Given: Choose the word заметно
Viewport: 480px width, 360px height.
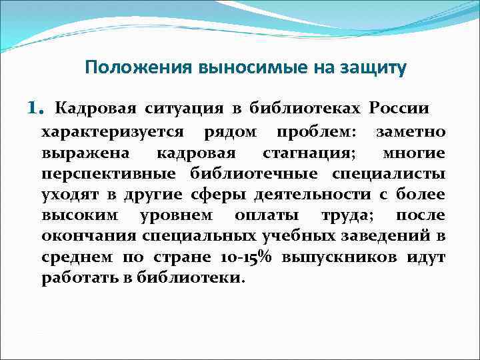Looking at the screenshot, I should (411, 131).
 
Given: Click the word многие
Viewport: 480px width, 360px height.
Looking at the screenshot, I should (414, 153).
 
